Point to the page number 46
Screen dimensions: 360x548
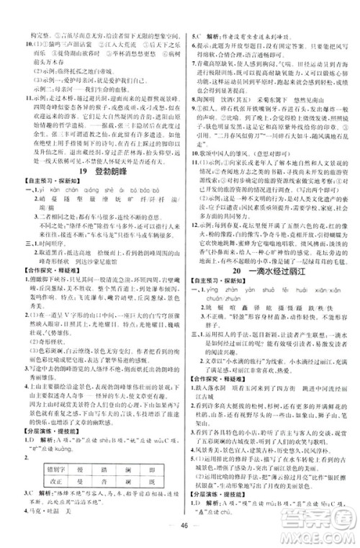[x=180, y=535]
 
